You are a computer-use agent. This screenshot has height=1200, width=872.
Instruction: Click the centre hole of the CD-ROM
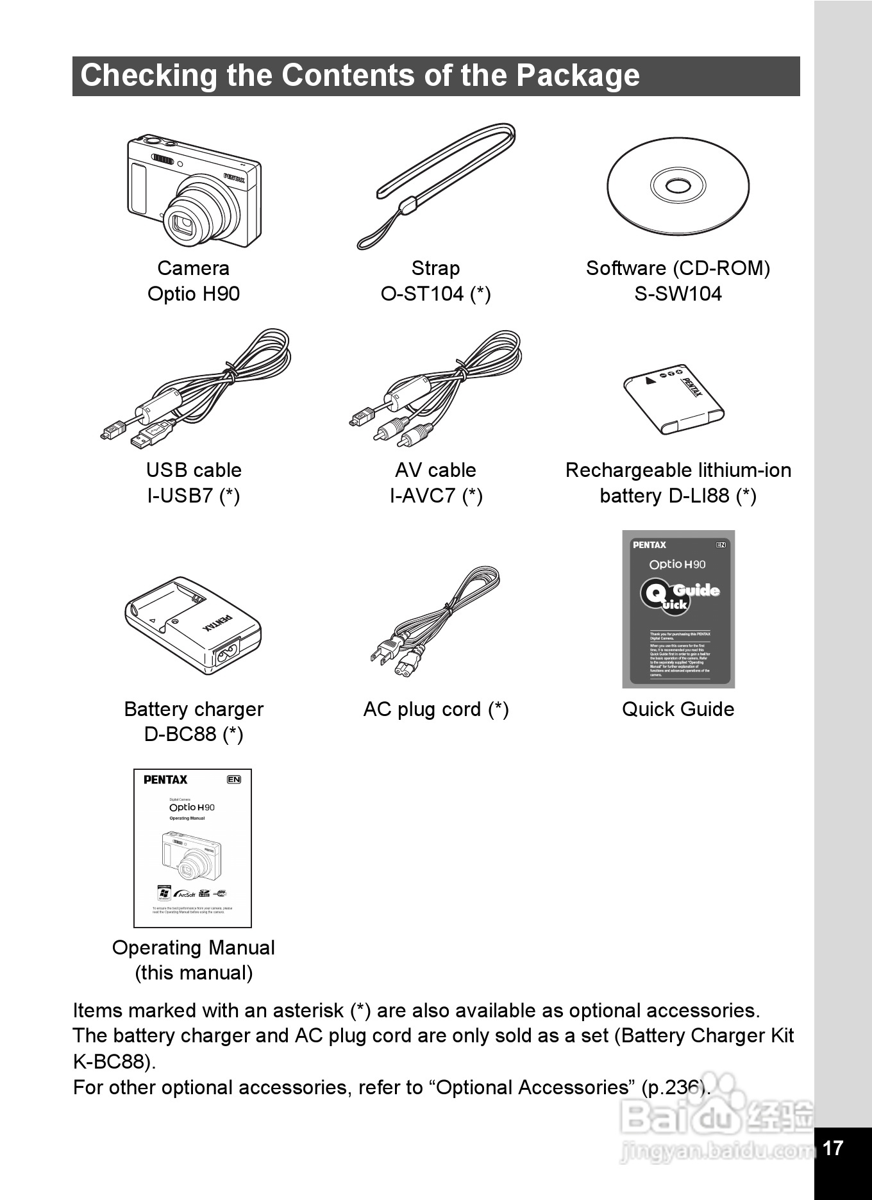point(678,187)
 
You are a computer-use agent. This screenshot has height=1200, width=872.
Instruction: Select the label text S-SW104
point(678,294)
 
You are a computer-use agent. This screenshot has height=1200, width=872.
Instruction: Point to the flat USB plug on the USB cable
point(151,434)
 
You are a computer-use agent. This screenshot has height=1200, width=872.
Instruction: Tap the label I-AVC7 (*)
point(436,496)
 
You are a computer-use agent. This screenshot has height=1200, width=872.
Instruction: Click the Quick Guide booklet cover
point(678,609)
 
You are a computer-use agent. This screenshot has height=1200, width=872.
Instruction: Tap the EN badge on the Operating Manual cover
point(234,779)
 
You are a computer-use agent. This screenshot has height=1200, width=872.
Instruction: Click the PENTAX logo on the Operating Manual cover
point(165,779)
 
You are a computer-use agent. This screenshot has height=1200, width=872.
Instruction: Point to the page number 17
point(832,1147)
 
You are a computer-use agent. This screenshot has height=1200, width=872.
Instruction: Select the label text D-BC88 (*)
point(193,734)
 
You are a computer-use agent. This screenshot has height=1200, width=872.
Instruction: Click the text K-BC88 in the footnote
point(111,1062)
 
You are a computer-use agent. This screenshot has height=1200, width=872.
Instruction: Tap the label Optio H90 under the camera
point(193,294)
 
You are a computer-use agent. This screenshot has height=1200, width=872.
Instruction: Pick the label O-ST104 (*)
point(436,294)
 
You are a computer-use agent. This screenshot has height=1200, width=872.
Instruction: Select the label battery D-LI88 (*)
point(678,496)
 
